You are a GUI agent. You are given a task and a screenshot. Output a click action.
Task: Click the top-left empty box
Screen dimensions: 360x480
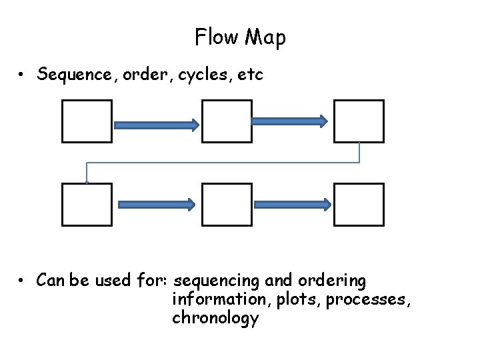[x=87, y=121]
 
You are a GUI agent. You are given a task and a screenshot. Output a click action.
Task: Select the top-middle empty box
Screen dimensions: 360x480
[x=227, y=121]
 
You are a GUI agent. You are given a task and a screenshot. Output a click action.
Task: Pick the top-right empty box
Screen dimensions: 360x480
[x=359, y=121]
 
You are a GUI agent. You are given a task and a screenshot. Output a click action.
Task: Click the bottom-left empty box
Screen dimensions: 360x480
[x=87, y=205]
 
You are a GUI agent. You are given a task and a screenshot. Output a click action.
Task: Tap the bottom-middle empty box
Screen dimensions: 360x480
[x=227, y=205]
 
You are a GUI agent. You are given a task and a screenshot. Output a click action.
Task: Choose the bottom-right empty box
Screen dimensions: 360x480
[x=359, y=205]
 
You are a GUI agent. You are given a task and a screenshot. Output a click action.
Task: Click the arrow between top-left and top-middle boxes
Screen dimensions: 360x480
[x=157, y=125]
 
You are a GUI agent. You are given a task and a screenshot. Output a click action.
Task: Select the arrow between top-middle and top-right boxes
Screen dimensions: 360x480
[x=289, y=121]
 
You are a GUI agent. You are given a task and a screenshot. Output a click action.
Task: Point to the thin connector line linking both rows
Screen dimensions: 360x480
[x=223, y=163]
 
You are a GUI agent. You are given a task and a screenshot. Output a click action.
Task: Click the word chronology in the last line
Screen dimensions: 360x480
[x=215, y=319]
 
